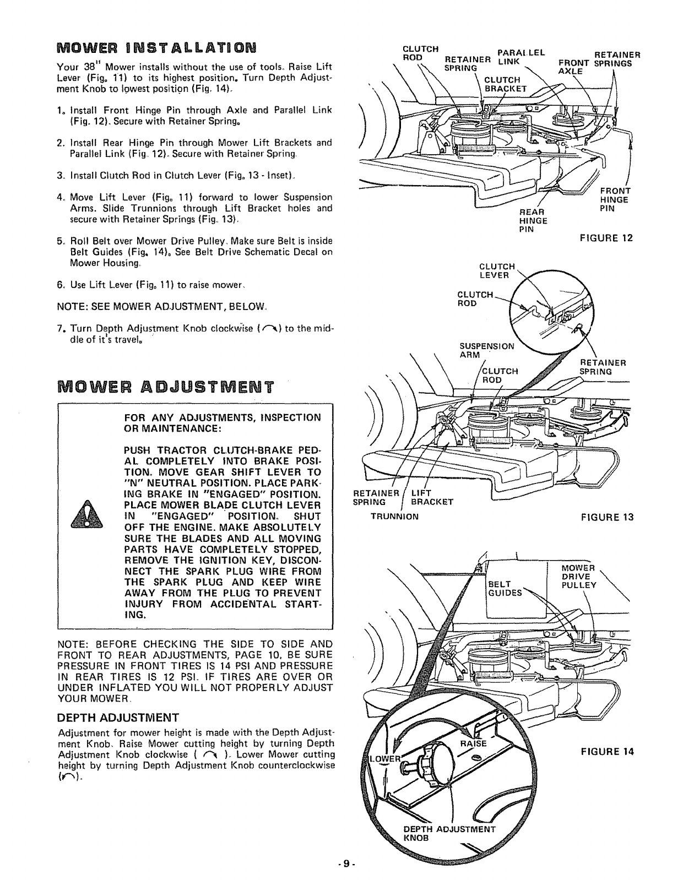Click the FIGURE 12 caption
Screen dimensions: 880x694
click(x=606, y=238)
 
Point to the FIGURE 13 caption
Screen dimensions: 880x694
click(x=606, y=517)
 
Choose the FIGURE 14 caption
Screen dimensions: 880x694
click(x=606, y=751)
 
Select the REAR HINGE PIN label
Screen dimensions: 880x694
click(x=533, y=221)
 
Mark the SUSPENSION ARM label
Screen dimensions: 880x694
click(x=487, y=350)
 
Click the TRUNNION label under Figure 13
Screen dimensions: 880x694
click(x=394, y=517)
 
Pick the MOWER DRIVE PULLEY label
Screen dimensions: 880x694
click(x=578, y=577)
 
